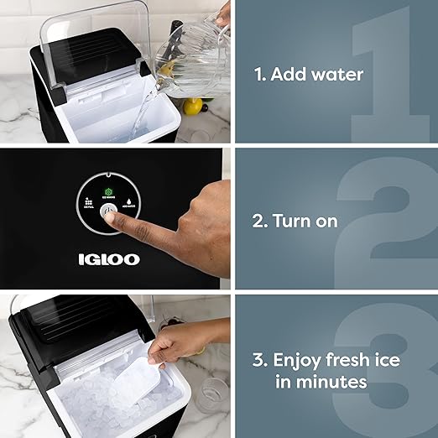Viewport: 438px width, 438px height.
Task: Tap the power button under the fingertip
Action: click(x=107, y=212)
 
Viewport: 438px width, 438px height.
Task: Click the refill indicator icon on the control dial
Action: click(x=86, y=201)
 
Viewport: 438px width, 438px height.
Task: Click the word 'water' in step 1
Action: click(x=336, y=75)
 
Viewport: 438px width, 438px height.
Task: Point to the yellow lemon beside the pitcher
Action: click(x=195, y=107)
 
